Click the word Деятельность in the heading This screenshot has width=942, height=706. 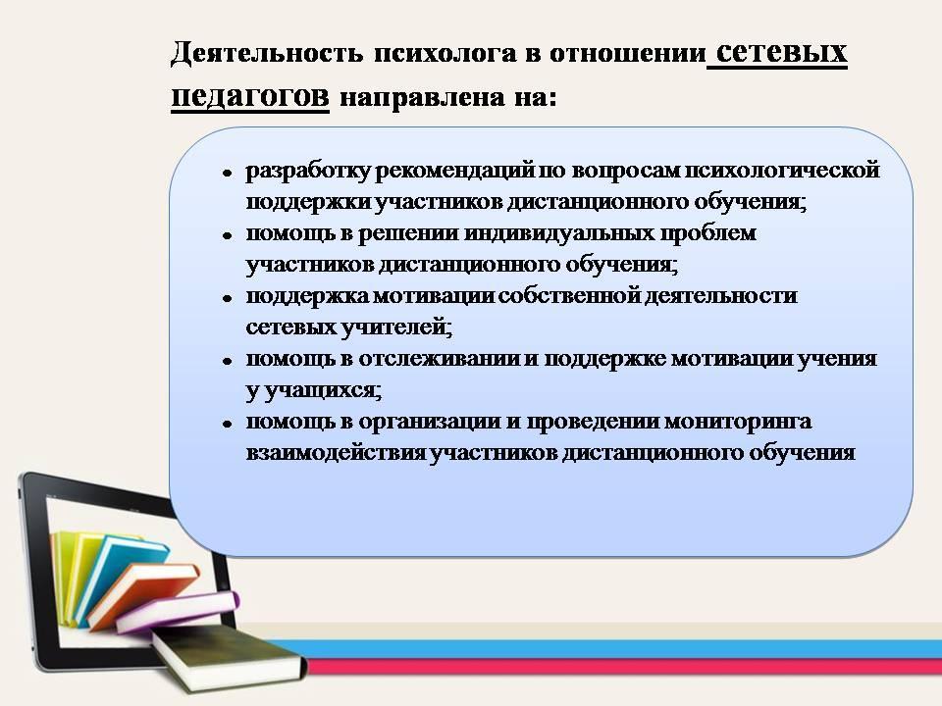click(x=267, y=53)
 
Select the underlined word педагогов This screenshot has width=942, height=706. click(x=250, y=97)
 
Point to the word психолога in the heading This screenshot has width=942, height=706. click(x=445, y=54)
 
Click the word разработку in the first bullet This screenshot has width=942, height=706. click(x=308, y=172)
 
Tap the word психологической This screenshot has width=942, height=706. click(x=782, y=171)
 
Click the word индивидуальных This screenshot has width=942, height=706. click(x=559, y=233)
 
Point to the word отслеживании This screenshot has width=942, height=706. click(x=440, y=359)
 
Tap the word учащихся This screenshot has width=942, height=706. click(x=323, y=391)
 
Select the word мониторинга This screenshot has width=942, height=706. click(x=738, y=422)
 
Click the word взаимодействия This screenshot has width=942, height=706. click(x=337, y=453)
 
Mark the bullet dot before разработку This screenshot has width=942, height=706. click(x=227, y=174)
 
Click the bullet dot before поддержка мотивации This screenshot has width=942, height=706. click(x=227, y=298)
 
